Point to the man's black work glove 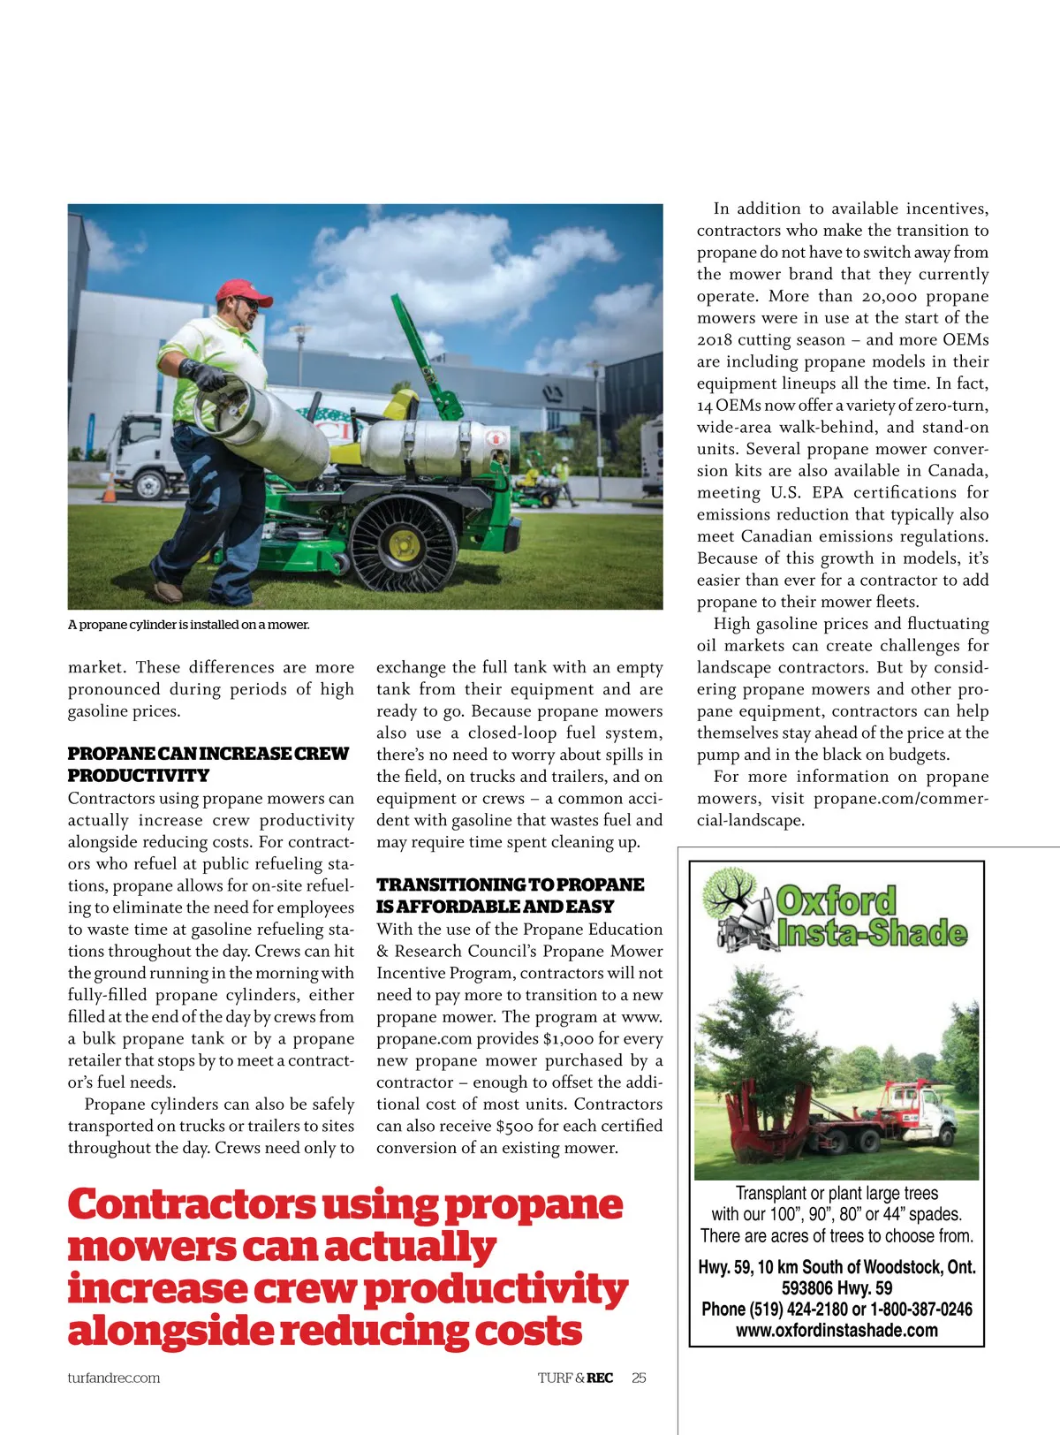pos(204,376)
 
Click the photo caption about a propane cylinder pos(188,625)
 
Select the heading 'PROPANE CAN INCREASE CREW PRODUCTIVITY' pos(208,764)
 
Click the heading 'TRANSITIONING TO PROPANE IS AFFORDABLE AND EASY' pos(510,895)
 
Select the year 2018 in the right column pos(715,339)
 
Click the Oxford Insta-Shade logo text pos(870,917)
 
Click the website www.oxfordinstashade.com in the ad pos(837,1330)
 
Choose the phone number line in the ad pos(837,1309)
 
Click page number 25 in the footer pos(639,1378)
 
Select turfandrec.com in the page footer pos(114,1378)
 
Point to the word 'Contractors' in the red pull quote pos(191,1204)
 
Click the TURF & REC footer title pos(575,1378)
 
